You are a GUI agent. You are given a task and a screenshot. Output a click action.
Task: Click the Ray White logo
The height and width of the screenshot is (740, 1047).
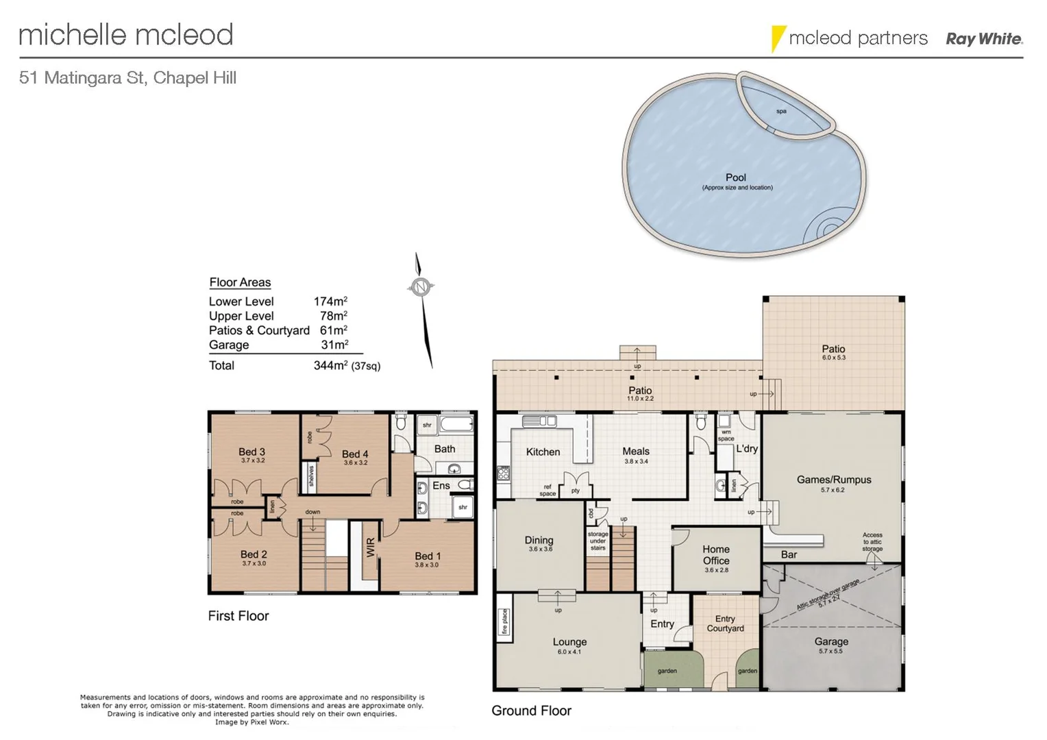[984, 39]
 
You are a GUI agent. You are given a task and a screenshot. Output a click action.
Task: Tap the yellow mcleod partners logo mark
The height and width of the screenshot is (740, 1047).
[777, 38]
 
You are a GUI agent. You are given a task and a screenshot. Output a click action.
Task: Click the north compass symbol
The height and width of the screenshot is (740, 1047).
[421, 287]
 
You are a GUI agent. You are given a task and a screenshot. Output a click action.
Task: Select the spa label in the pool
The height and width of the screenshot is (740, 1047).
[781, 111]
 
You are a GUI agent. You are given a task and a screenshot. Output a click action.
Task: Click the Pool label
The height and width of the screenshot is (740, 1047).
[736, 177]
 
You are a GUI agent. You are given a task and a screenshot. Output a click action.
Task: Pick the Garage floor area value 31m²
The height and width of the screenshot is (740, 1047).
[334, 345]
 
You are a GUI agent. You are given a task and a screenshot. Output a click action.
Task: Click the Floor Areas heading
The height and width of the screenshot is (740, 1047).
[240, 282]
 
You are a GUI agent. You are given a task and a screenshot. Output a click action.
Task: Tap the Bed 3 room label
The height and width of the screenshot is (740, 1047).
[251, 452]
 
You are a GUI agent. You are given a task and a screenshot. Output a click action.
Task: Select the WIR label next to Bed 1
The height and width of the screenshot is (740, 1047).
[371, 547]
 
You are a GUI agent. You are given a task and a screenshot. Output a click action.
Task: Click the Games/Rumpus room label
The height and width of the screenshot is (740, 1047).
[833, 480]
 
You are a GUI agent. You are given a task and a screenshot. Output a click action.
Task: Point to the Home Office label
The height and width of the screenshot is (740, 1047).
[716, 555]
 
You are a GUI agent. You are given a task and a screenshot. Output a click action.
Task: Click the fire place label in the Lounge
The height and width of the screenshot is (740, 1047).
[504, 621]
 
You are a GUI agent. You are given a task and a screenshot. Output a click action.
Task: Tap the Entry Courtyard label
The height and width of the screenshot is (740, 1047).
[725, 624]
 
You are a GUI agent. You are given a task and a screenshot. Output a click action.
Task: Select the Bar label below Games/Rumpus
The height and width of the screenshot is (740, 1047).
[789, 554]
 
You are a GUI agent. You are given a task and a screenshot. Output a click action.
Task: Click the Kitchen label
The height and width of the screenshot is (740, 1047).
[543, 452]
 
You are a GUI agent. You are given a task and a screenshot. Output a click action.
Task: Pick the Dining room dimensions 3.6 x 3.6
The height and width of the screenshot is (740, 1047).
[540, 550]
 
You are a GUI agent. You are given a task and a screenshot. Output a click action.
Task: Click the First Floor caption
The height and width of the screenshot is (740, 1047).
[238, 616]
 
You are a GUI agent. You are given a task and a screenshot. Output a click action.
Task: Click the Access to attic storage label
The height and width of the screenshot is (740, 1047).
[872, 542]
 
